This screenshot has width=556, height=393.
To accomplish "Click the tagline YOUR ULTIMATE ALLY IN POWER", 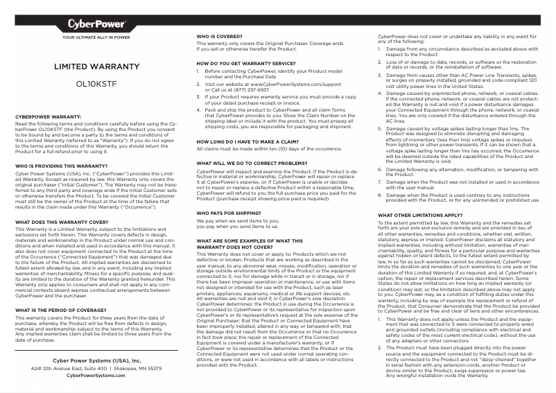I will coord(96,37).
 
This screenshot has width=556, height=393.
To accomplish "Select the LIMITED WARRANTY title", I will coord(96,67).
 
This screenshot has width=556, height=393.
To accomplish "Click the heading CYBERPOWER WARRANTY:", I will coord(49,117).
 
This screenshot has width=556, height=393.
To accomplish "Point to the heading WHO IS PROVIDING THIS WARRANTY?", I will coord(61,166).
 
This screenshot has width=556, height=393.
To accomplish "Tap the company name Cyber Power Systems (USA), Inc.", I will coord(96,361).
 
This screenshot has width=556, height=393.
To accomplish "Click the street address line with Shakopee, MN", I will coord(96,369).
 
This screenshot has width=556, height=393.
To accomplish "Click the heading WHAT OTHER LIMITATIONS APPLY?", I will coord(419,215).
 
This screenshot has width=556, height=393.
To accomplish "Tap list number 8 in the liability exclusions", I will coord(381,195).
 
